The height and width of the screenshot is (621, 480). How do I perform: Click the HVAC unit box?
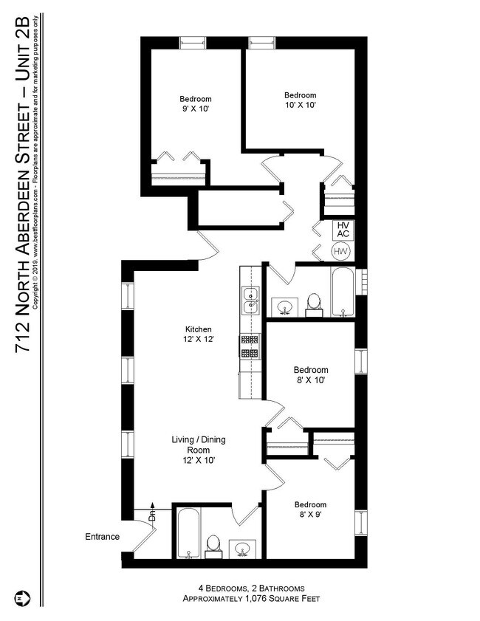tap(343, 230)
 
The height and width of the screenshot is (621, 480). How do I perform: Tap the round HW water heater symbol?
tap(340, 251)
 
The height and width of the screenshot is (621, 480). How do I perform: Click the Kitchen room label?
tap(199, 329)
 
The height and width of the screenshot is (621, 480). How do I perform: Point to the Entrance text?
tap(102, 537)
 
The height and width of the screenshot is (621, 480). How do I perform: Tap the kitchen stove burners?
tap(250, 346)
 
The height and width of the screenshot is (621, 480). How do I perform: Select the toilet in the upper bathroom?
tap(314, 306)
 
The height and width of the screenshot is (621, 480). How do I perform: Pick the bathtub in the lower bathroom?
tap(188, 533)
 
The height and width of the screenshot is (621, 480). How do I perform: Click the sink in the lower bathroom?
tap(241, 549)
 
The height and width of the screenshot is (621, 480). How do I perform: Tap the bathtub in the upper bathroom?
tap(343, 292)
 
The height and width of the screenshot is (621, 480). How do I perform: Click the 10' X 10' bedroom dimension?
tap(301, 105)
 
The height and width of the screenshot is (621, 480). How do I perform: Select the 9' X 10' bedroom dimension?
tap(195, 109)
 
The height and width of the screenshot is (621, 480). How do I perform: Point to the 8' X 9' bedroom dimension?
tap(310, 515)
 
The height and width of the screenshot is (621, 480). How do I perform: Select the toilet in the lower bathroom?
tap(213, 547)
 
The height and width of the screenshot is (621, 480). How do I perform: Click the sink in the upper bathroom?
tap(284, 307)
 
